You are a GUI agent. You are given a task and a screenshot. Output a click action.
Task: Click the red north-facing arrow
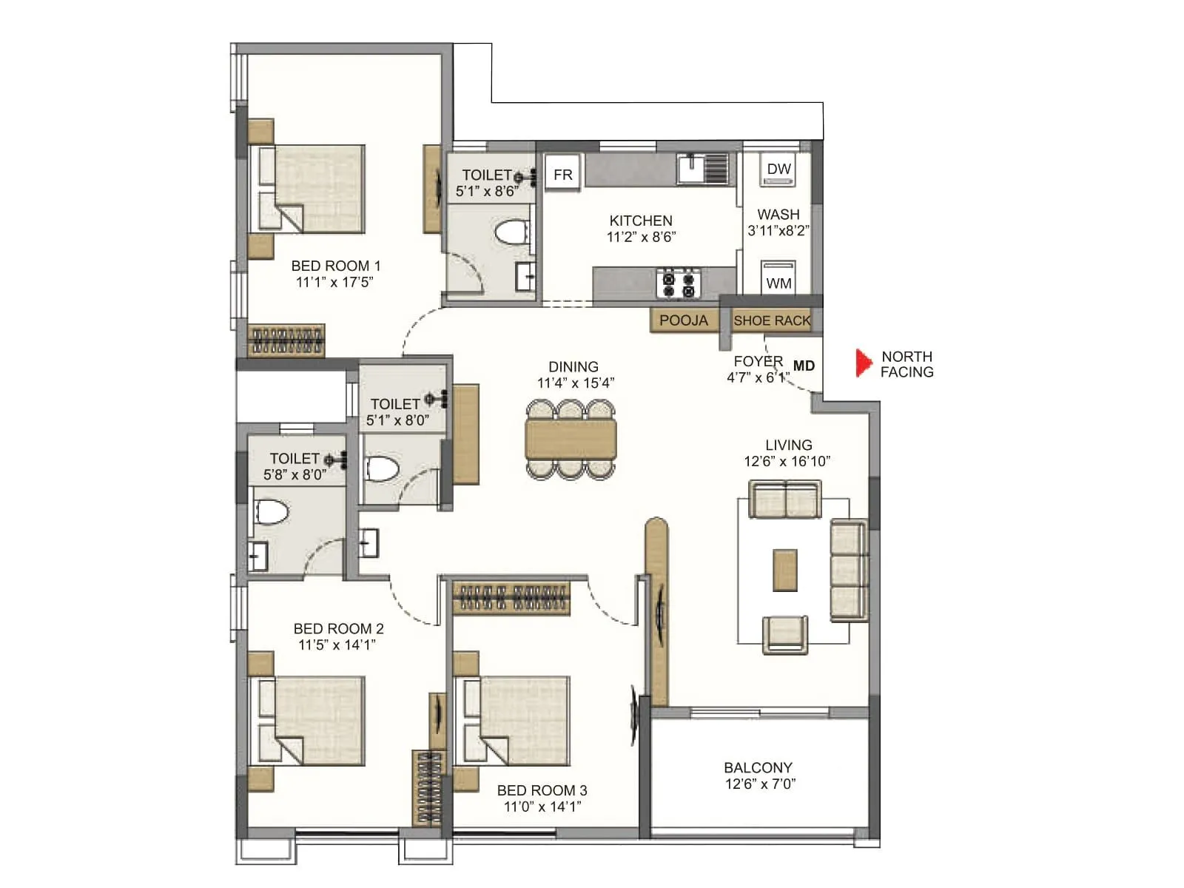(863, 363)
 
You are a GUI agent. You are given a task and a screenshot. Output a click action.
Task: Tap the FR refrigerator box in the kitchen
(562, 174)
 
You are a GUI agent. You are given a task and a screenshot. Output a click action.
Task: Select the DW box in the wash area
(778, 169)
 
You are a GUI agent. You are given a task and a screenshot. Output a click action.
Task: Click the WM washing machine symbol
(778, 279)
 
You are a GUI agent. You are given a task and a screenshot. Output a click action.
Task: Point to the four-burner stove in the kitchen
(679, 283)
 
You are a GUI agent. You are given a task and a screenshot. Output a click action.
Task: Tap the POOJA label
(683, 320)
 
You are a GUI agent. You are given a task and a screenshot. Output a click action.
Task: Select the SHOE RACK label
(771, 320)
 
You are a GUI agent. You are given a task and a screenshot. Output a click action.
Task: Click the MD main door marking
(804, 366)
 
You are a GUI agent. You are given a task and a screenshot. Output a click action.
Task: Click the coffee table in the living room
(784, 570)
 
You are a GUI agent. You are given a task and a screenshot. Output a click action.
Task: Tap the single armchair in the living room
(784, 634)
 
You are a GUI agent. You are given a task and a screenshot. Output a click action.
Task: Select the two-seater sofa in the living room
(784, 499)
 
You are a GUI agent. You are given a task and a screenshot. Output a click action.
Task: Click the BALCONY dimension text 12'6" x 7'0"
(759, 784)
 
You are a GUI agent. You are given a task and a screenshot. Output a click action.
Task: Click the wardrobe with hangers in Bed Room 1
(286, 340)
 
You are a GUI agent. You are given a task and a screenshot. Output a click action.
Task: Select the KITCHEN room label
(640, 221)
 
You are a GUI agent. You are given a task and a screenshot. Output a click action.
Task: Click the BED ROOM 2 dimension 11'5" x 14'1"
(337, 645)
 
